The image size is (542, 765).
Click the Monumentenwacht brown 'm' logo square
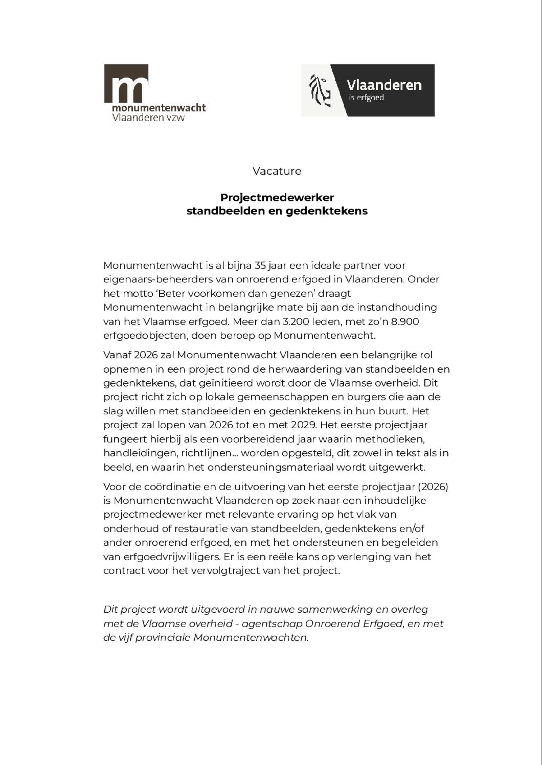tap(126, 83)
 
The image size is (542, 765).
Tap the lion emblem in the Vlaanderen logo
tap(320, 91)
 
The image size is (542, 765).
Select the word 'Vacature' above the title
tap(277, 171)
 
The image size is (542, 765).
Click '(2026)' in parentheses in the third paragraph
tap(433, 487)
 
